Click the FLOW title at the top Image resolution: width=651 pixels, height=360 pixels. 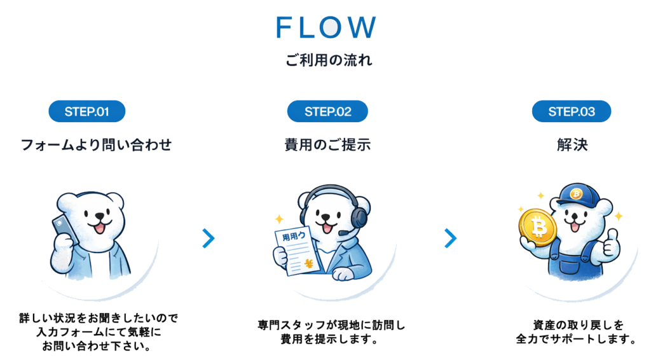[326, 27]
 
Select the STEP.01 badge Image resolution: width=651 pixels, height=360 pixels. [87, 112]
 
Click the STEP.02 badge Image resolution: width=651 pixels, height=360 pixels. [327, 112]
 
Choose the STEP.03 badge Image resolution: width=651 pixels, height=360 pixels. [572, 112]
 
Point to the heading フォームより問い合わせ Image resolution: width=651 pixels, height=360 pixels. [97, 145]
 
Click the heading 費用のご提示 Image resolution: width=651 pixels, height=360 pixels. [327, 145]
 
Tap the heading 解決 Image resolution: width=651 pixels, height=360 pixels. [572, 145]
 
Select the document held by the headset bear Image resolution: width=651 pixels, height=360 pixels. [294, 252]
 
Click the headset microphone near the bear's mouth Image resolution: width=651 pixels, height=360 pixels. [344, 233]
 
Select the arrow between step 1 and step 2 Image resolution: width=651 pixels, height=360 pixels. [209, 239]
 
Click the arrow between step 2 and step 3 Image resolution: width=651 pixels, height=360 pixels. [451, 239]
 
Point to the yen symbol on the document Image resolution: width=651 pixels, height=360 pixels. [309, 263]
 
